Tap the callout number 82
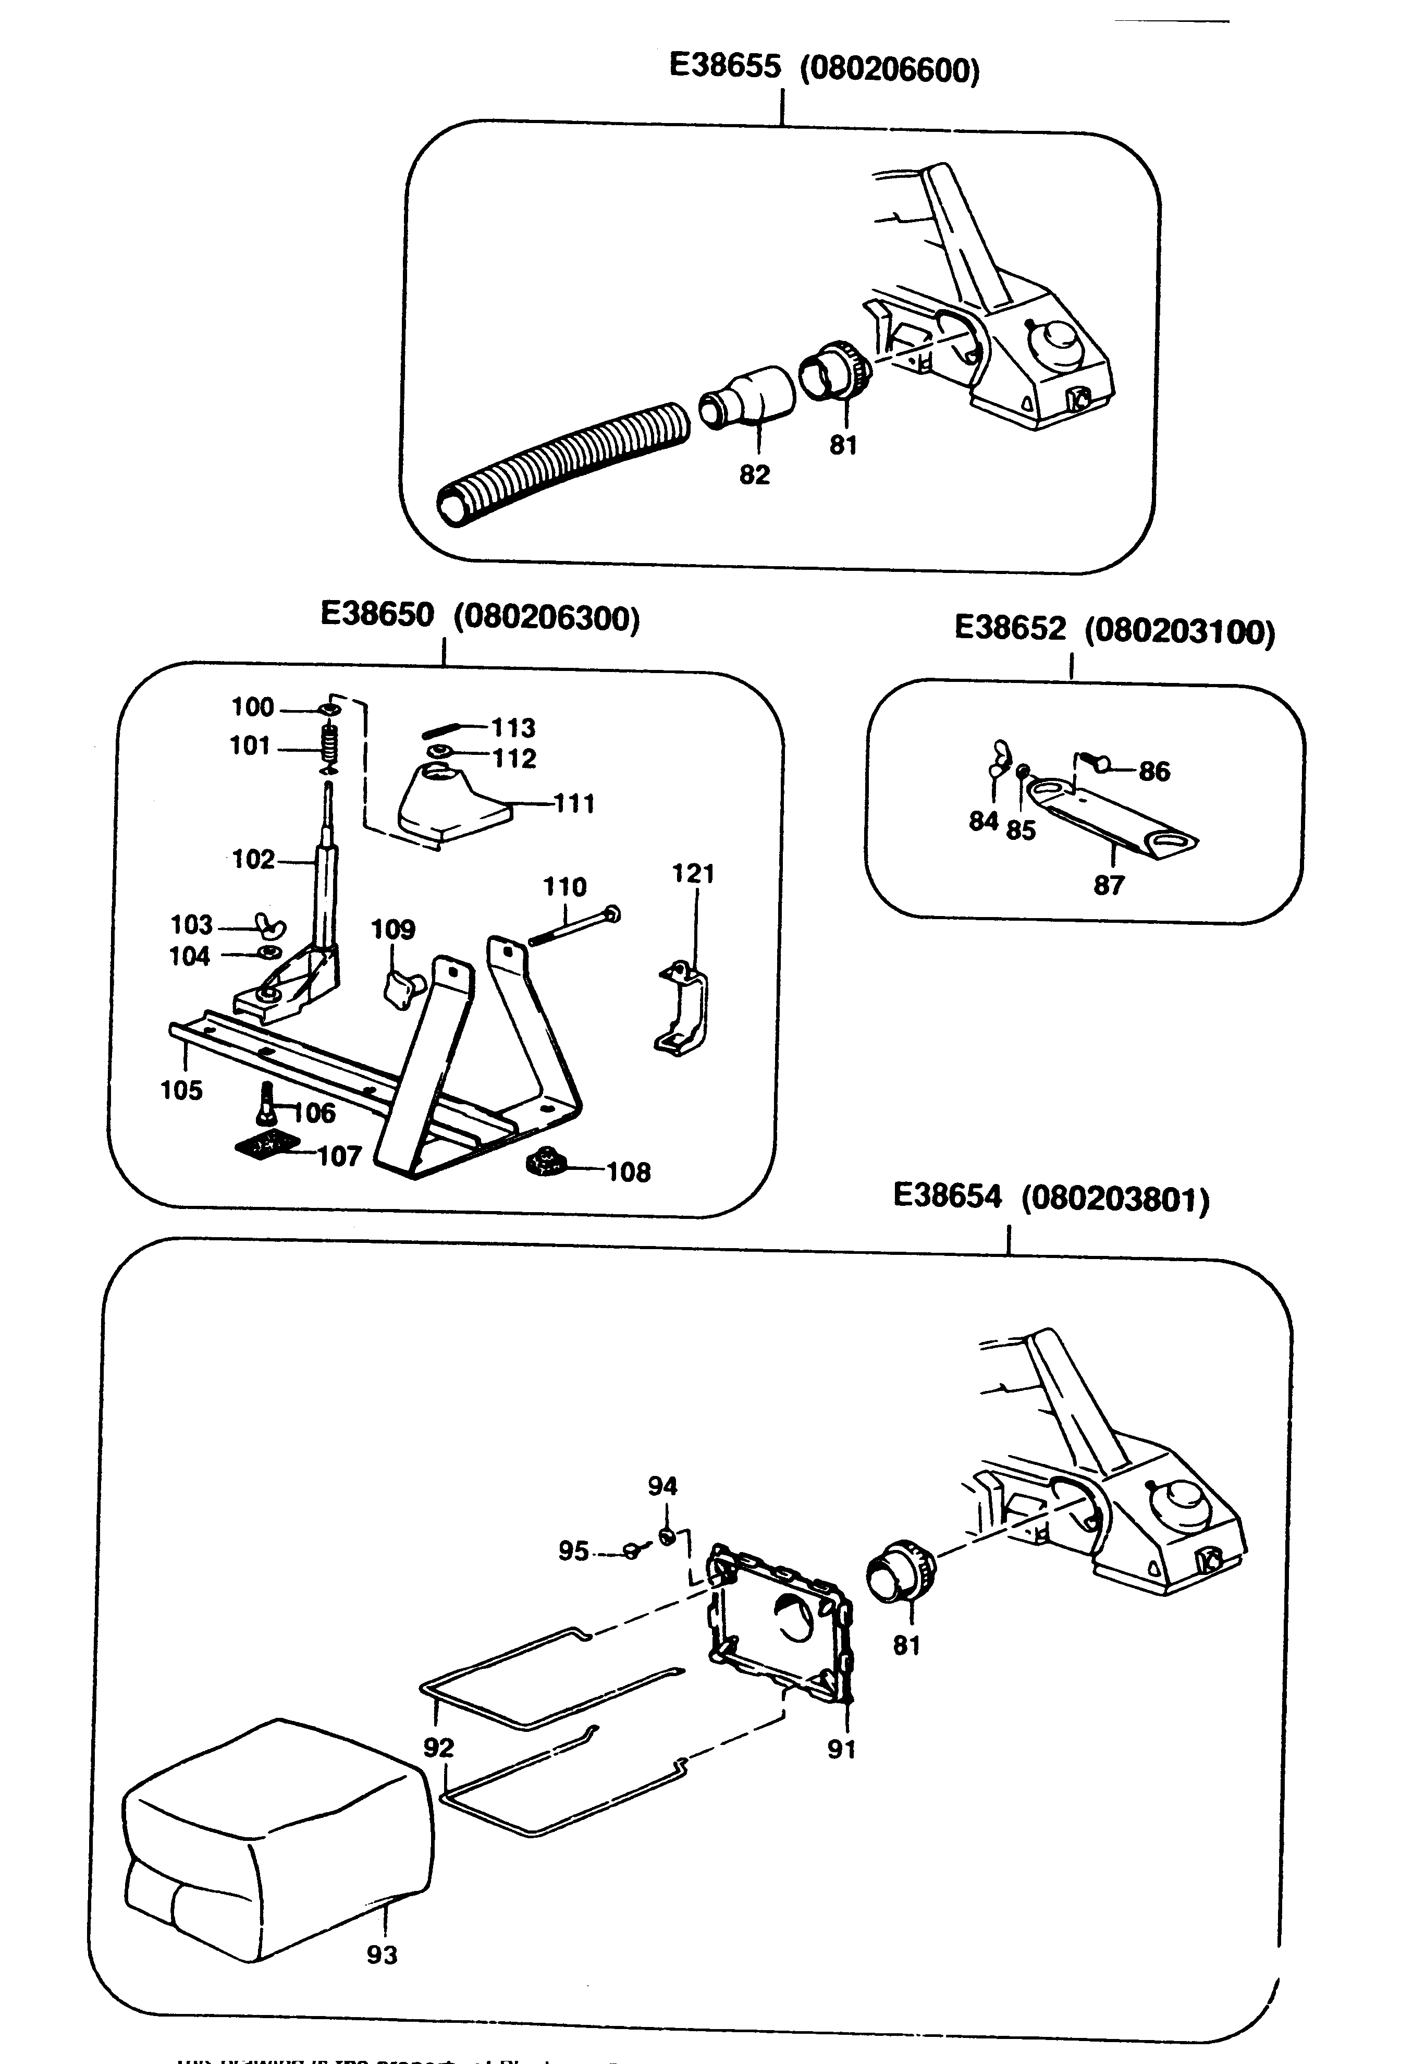[754, 475]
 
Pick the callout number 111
[574, 804]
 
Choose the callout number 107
[340, 1156]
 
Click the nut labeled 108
[545, 1164]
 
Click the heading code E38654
[947, 1196]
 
